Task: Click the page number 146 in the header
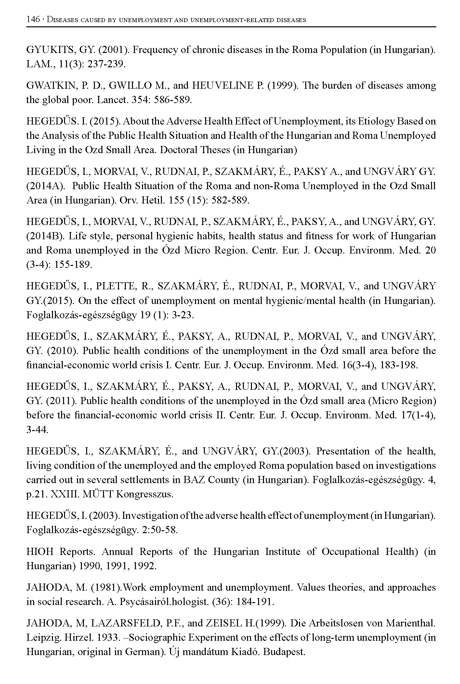[33, 20]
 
